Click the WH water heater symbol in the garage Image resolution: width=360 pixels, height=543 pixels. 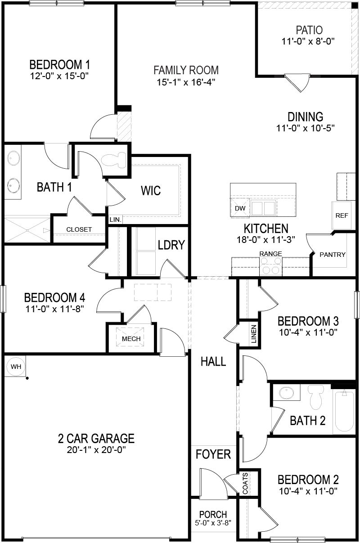(16, 367)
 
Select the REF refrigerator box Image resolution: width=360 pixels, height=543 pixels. (342, 215)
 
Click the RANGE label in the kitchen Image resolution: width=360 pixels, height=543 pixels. (270, 254)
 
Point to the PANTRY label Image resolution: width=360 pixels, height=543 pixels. (333, 254)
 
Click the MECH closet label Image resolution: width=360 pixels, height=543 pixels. (131, 339)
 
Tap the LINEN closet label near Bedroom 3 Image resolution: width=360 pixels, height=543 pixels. (254, 334)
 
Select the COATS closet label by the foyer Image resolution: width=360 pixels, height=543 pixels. (245, 483)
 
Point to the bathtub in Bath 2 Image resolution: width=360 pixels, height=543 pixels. (344, 412)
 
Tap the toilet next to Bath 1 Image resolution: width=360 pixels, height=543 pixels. (113, 161)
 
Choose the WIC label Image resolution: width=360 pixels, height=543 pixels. (151, 191)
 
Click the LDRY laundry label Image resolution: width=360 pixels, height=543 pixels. (171, 245)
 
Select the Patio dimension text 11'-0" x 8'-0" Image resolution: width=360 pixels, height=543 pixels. (309, 41)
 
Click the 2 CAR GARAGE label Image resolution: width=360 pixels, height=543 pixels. (96, 437)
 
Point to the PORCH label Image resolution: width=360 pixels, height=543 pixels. (213, 514)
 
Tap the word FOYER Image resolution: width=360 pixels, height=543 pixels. (213, 454)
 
